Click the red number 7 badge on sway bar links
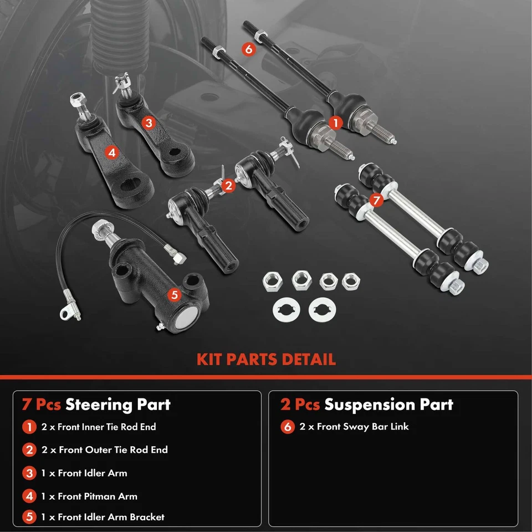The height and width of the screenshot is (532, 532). click(x=376, y=200)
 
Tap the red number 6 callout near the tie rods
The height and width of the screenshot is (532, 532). click(x=248, y=49)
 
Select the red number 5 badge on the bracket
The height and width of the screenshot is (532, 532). click(x=173, y=295)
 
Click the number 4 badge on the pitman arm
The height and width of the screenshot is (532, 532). click(x=112, y=151)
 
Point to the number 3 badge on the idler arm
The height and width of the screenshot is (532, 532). click(x=149, y=123)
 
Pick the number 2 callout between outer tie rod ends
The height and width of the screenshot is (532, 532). click(x=227, y=186)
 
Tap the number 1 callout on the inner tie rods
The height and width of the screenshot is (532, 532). click(x=335, y=121)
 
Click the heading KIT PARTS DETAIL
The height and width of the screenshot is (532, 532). click(x=266, y=359)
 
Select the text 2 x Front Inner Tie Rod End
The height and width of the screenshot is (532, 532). click(x=99, y=427)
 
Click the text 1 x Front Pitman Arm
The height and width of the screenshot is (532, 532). click(x=89, y=497)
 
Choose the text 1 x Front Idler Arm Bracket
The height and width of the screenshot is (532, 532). click(x=103, y=517)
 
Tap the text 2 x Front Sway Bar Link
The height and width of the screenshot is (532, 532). click(x=354, y=427)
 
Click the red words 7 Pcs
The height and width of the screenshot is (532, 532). click(x=42, y=404)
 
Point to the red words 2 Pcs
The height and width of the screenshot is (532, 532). click(x=300, y=404)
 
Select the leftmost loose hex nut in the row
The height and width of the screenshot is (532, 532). click(x=273, y=282)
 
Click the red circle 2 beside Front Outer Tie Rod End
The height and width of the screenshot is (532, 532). click(x=29, y=450)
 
